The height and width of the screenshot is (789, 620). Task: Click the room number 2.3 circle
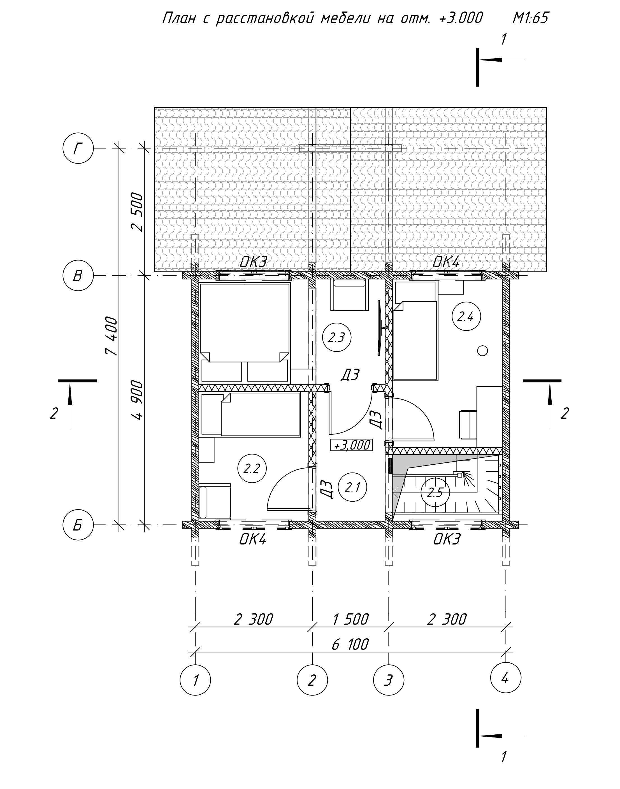pos(337,337)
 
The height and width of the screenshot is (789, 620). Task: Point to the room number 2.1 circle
pos(352,487)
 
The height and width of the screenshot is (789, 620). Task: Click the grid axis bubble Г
pos(78,148)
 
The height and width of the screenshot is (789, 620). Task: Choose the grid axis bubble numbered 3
pos(389,680)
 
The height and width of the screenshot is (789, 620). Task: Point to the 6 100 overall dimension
pos(350,644)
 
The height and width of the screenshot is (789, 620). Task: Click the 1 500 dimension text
pos(351,619)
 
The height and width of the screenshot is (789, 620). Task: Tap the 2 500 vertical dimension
pos(137,212)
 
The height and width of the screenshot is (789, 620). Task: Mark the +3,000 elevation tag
pos(351,445)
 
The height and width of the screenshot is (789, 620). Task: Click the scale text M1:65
pos(530,17)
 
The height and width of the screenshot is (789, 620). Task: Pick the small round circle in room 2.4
pos(482,351)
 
